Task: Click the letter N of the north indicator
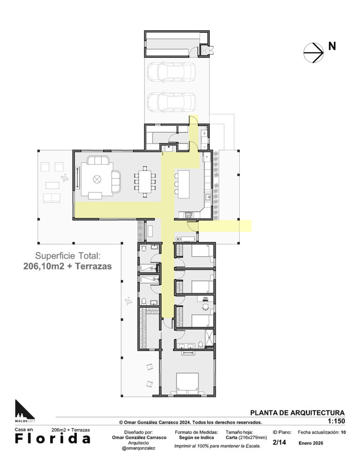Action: tap(332, 46)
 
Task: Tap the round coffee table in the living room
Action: tap(97, 179)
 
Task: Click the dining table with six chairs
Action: tap(144, 181)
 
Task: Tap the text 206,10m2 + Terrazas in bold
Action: tap(68, 267)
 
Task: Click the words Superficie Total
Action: tap(68, 255)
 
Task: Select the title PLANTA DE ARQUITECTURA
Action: tap(297, 413)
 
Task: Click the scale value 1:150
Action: tap(336, 421)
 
